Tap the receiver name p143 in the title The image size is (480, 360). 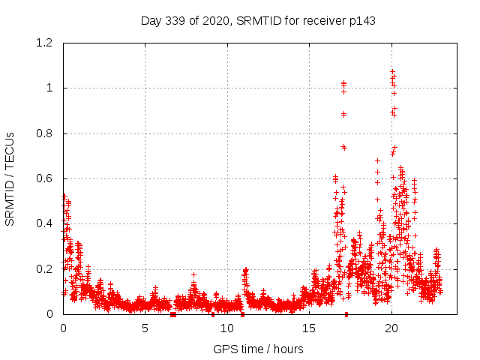point(360,20)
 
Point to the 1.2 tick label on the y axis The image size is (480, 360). point(47,43)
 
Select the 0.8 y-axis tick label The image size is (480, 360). point(47,133)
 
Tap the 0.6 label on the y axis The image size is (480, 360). point(47,178)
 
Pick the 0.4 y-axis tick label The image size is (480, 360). point(47,223)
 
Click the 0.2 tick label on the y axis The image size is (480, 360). point(47,268)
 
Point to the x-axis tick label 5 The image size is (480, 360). point(145,328)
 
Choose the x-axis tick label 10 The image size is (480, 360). point(227,328)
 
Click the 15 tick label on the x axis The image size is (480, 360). point(309,328)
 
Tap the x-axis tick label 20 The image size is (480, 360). point(391,328)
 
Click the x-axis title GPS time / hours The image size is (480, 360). point(258,349)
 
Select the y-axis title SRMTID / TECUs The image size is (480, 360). point(10,178)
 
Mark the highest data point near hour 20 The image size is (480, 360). point(392,72)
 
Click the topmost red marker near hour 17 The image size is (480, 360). point(343,83)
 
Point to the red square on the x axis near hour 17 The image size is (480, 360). point(346,314)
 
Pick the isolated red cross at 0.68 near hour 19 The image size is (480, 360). point(377,160)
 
